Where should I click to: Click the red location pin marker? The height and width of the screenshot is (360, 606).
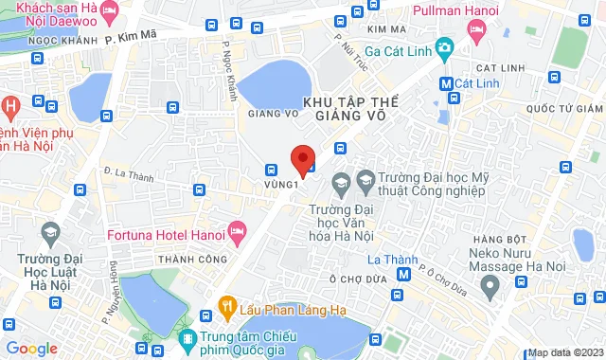302,159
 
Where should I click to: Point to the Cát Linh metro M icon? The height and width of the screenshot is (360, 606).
445,82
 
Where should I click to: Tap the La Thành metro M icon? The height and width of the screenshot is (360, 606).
404,275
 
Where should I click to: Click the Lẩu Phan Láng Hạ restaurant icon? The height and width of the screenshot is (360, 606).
226,305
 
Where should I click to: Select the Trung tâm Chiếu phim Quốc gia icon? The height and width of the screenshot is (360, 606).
189,338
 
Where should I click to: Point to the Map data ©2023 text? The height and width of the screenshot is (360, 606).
564,352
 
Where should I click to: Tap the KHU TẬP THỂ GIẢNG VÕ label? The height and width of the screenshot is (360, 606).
347,107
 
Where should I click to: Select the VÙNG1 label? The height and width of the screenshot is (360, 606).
281,184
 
